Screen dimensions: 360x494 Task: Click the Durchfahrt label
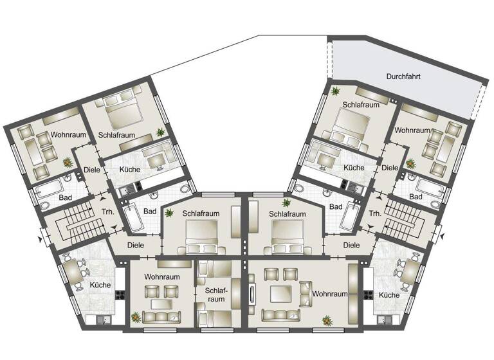(x=404, y=76)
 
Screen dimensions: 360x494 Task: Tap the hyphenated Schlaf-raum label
(x=215, y=295)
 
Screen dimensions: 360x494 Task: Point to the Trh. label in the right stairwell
(x=376, y=212)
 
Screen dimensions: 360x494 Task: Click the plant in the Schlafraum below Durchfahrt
(x=334, y=91)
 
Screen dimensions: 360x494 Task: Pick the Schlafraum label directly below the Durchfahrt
(x=361, y=104)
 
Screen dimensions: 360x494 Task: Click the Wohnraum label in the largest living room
(x=330, y=294)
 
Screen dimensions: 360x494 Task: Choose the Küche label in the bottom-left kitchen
(x=100, y=285)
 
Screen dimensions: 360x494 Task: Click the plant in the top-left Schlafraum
(x=160, y=132)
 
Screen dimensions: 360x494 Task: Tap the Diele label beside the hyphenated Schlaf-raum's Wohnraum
(x=134, y=245)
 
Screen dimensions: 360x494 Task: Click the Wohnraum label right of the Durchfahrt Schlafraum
(x=412, y=130)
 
